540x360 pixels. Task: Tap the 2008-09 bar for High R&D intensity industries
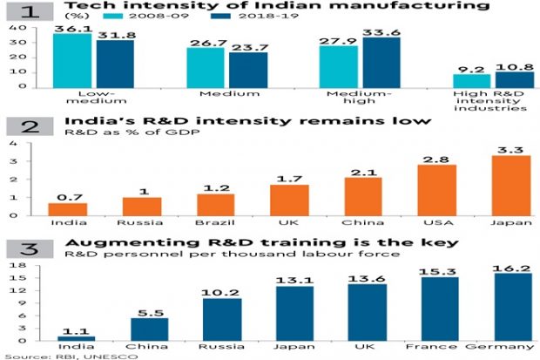[x=470, y=80]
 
